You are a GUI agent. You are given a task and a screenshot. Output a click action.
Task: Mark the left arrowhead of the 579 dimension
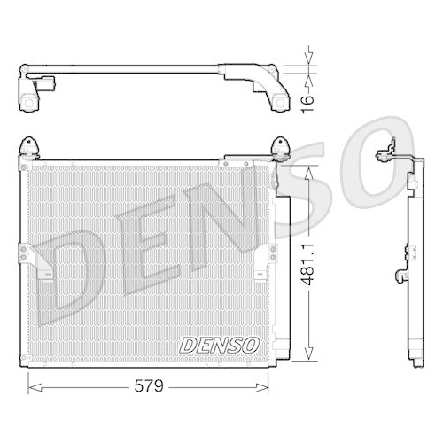[33, 385]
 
